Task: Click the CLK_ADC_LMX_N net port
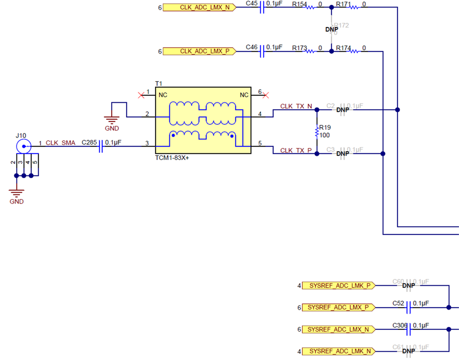(x=199, y=7)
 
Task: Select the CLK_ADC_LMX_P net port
(x=199, y=51)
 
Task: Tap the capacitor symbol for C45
(x=263, y=7)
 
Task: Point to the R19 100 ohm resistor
(x=316, y=132)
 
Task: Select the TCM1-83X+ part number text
(x=173, y=157)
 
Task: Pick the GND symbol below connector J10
(x=17, y=194)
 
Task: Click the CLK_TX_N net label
(x=296, y=106)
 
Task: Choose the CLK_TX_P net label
(x=296, y=150)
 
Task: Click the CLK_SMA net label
(x=61, y=143)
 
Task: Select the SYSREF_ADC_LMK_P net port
(x=338, y=286)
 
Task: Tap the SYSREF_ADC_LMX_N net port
(x=338, y=329)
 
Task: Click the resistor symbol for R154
(x=311, y=7)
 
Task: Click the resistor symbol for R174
(x=354, y=51)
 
